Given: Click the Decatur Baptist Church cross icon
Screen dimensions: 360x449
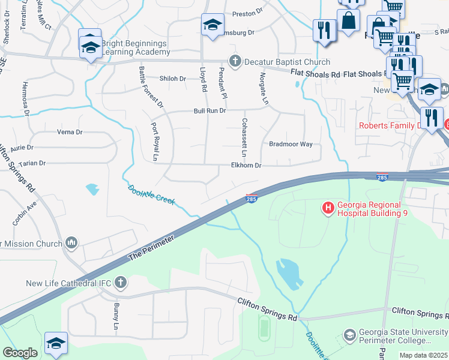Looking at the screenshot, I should coord(235,61).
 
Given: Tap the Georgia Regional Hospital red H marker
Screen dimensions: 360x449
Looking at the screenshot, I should coord(328,208).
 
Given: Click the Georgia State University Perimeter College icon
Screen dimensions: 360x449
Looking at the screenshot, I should coord(349,335).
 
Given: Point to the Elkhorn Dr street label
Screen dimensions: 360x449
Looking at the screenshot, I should coord(247,166).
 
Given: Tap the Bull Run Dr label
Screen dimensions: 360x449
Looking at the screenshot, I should coord(209,111).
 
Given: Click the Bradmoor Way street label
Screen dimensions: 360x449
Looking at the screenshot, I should coord(291,144).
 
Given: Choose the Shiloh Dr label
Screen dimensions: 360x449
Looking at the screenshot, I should coord(174,79).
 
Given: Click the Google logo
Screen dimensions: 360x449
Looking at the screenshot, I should coord(20,353).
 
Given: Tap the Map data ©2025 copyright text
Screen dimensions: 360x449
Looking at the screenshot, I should coord(423,355).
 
